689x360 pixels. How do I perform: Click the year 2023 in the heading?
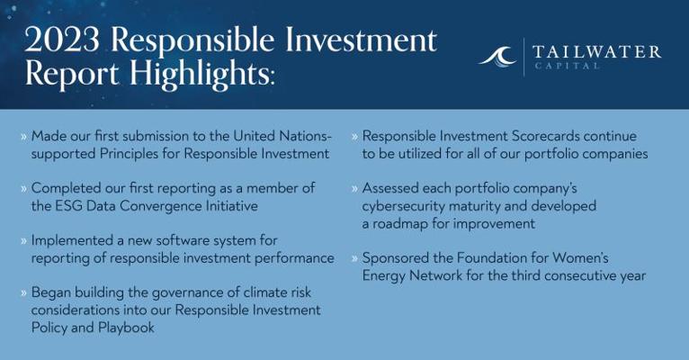pos(62,40)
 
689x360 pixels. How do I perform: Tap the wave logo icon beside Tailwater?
pos(497,57)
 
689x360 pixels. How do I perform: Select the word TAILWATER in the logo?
pos(596,52)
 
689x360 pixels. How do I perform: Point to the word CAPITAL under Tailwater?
pos(567,66)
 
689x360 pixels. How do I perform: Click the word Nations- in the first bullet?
pos(306,136)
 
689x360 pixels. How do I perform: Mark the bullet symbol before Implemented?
pos(23,241)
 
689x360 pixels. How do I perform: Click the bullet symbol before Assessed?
pos(354,189)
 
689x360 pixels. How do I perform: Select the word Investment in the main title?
pos(361,40)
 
